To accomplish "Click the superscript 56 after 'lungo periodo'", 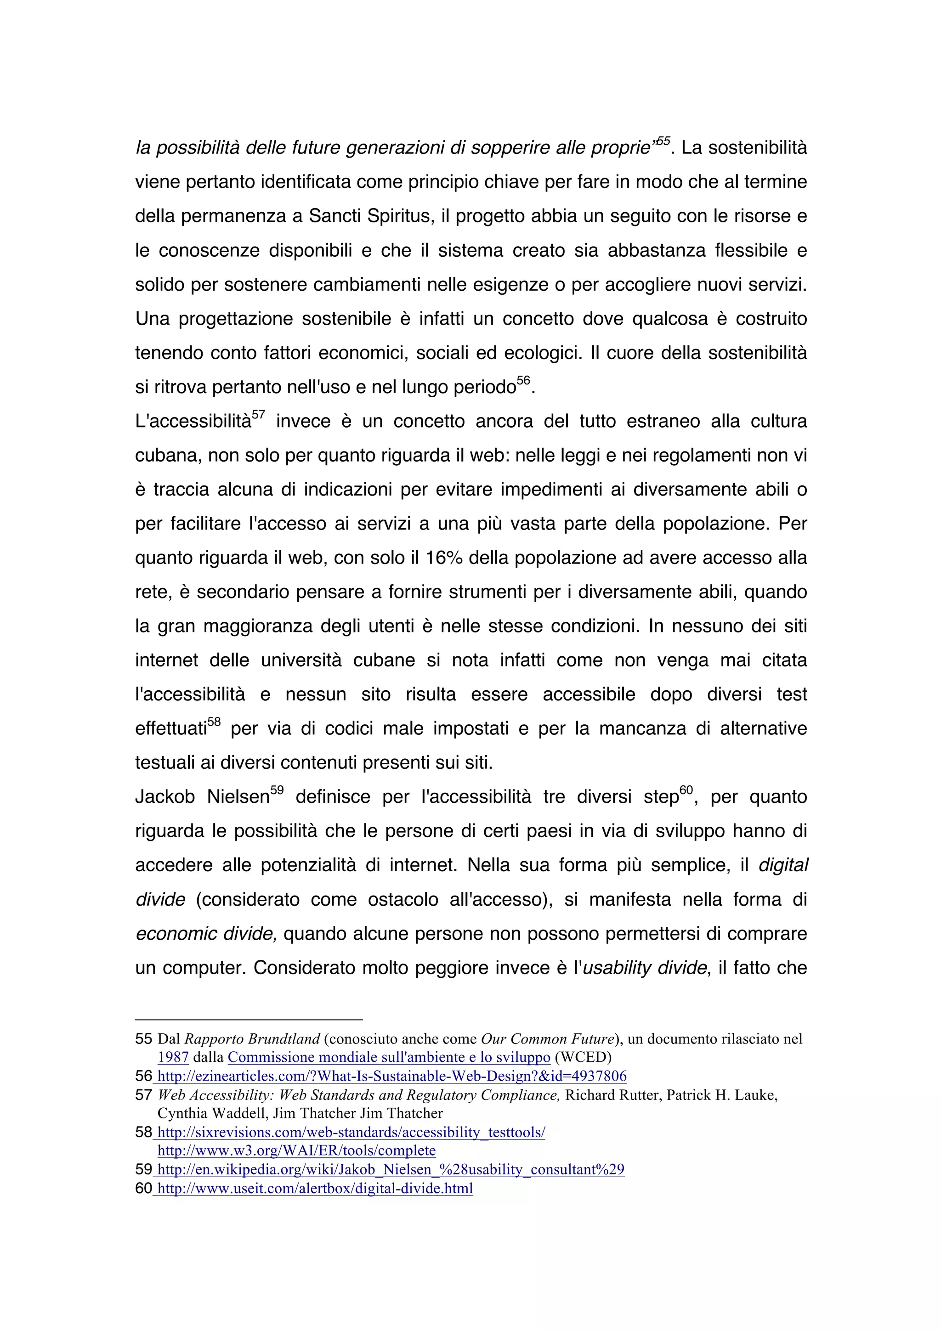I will (x=523, y=381).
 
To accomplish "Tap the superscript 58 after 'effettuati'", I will (x=215, y=722).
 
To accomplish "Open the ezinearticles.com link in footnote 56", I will (x=392, y=1076).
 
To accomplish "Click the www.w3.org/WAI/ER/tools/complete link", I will (x=296, y=1151).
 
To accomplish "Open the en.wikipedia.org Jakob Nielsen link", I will (x=391, y=1169).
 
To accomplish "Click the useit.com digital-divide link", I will (x=315, y=1189).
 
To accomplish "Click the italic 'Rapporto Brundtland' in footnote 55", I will (x=252, y=1039).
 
